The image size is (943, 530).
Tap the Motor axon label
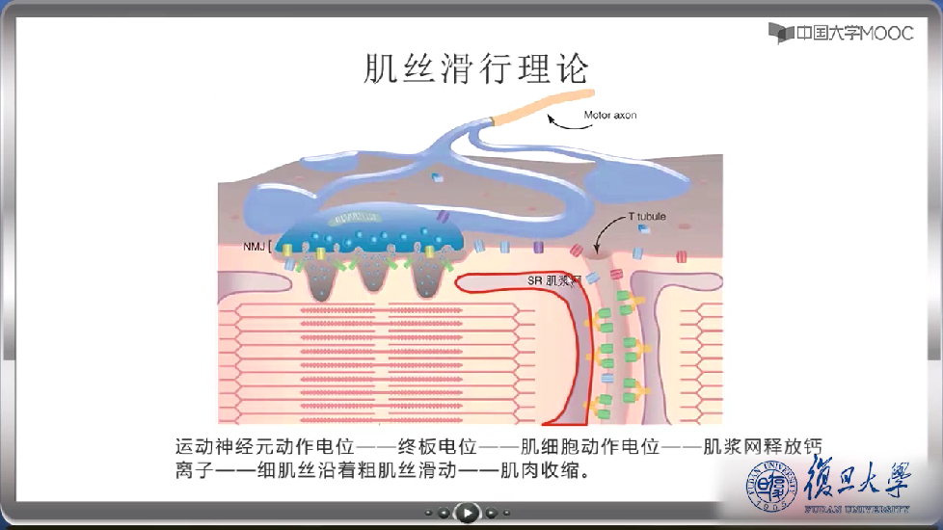[609, 116]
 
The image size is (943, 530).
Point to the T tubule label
[647, 217]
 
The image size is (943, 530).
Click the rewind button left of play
[442, 512]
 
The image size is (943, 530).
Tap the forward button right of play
[491, 512]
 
